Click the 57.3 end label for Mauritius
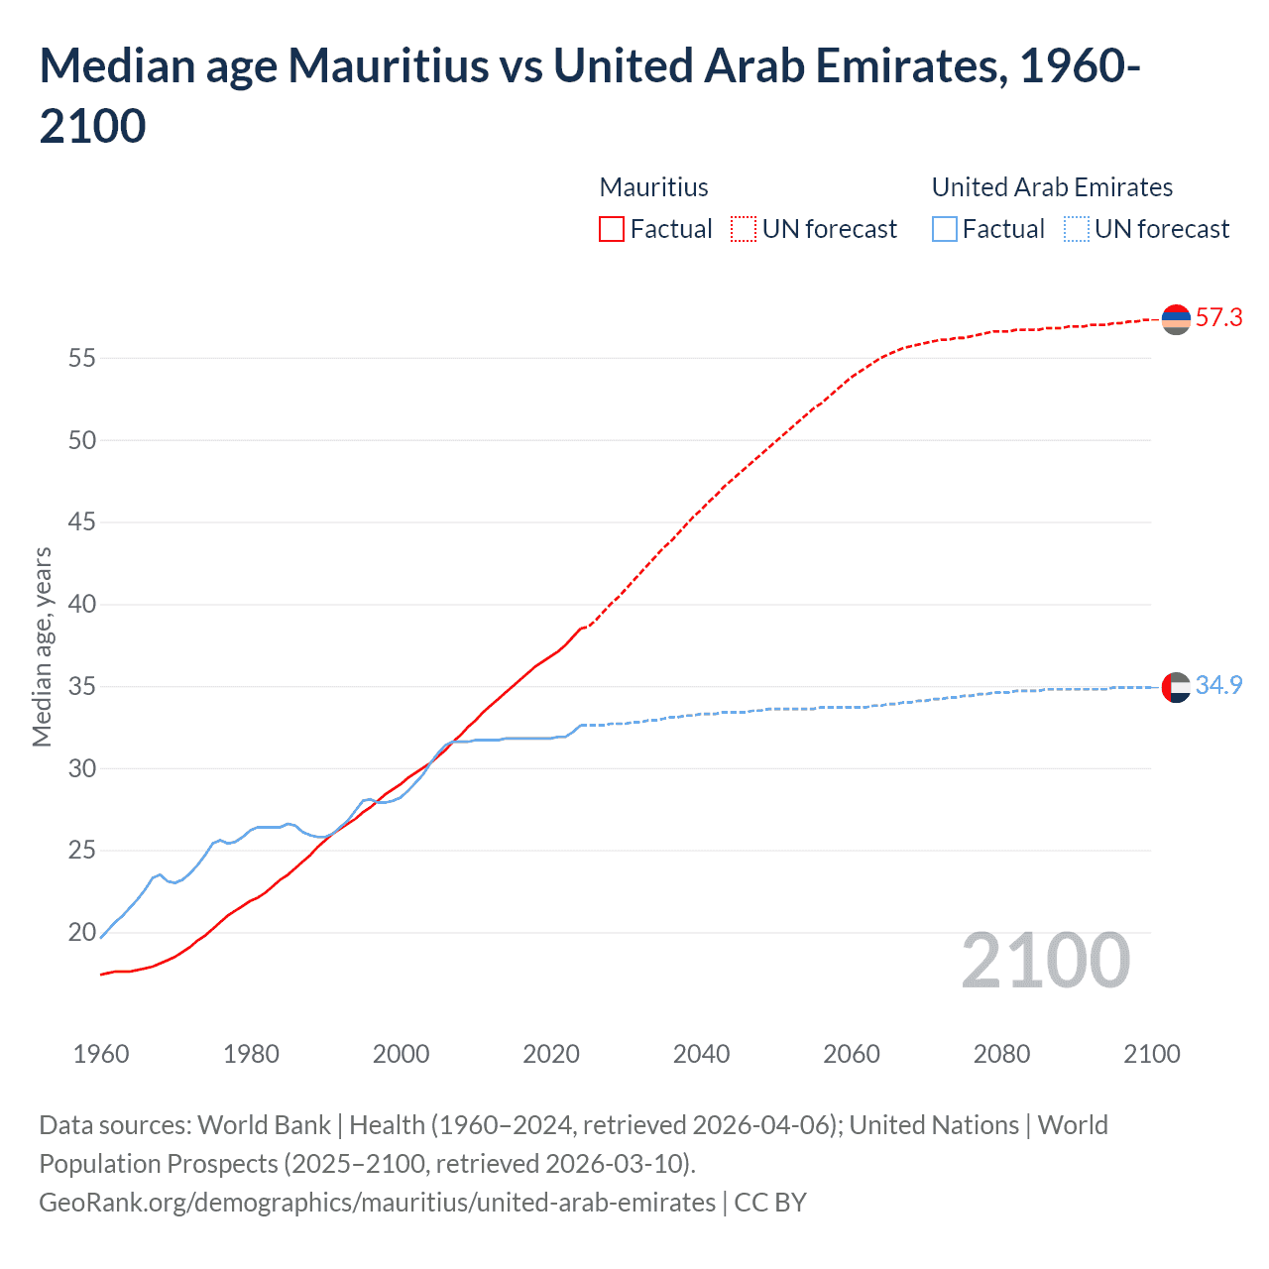click(1218, 318)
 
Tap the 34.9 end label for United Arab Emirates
click(1218, 686)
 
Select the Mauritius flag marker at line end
click(1176, 319)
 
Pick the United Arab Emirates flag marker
click(1176, 687)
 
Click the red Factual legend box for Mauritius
click(612, 229)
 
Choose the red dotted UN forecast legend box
click(744, 229)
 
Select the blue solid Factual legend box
click(945, 229)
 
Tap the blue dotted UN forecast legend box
click(1077, 229)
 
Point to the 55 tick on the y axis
click(82, 358)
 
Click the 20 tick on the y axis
click(82, 933)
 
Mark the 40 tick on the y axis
click(82, 605)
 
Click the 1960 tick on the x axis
click(101, 1054)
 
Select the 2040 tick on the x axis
click(701, 1054)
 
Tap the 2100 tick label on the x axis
click(1151, 1054)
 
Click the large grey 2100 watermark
click(1046, 961)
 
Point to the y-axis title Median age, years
click(42, 646)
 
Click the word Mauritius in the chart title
click(388, 66)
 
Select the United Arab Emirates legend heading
click(1052, 187)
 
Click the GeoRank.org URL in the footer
click(377, 1203)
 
